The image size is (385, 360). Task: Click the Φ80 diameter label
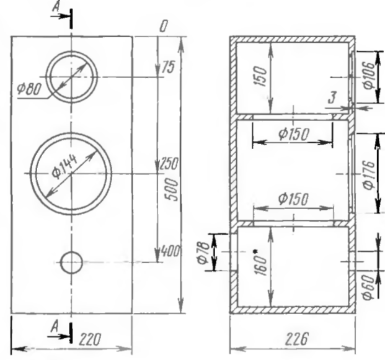coord(29,88)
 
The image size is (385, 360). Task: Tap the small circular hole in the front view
coord(71,263)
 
